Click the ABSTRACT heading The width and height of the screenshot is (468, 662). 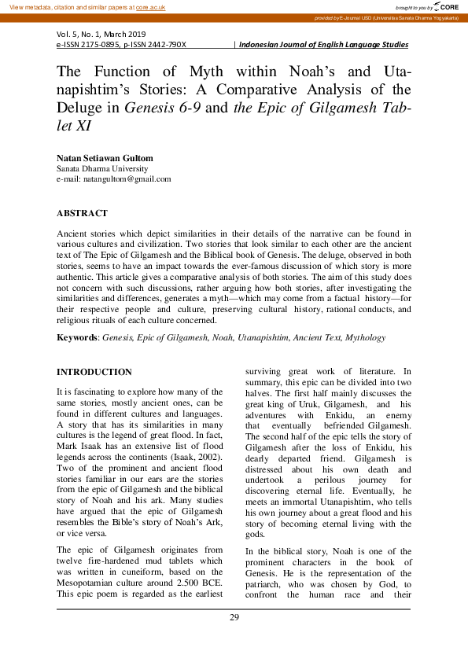click(x=82, y=213)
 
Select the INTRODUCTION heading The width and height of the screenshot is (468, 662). click(x=94, y=372)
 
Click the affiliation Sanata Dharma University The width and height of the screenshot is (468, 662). click(x=102, y=168)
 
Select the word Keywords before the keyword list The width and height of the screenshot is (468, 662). click(x=77, y=337)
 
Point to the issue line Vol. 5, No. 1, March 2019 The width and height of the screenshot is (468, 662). click(x=101, y=35)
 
